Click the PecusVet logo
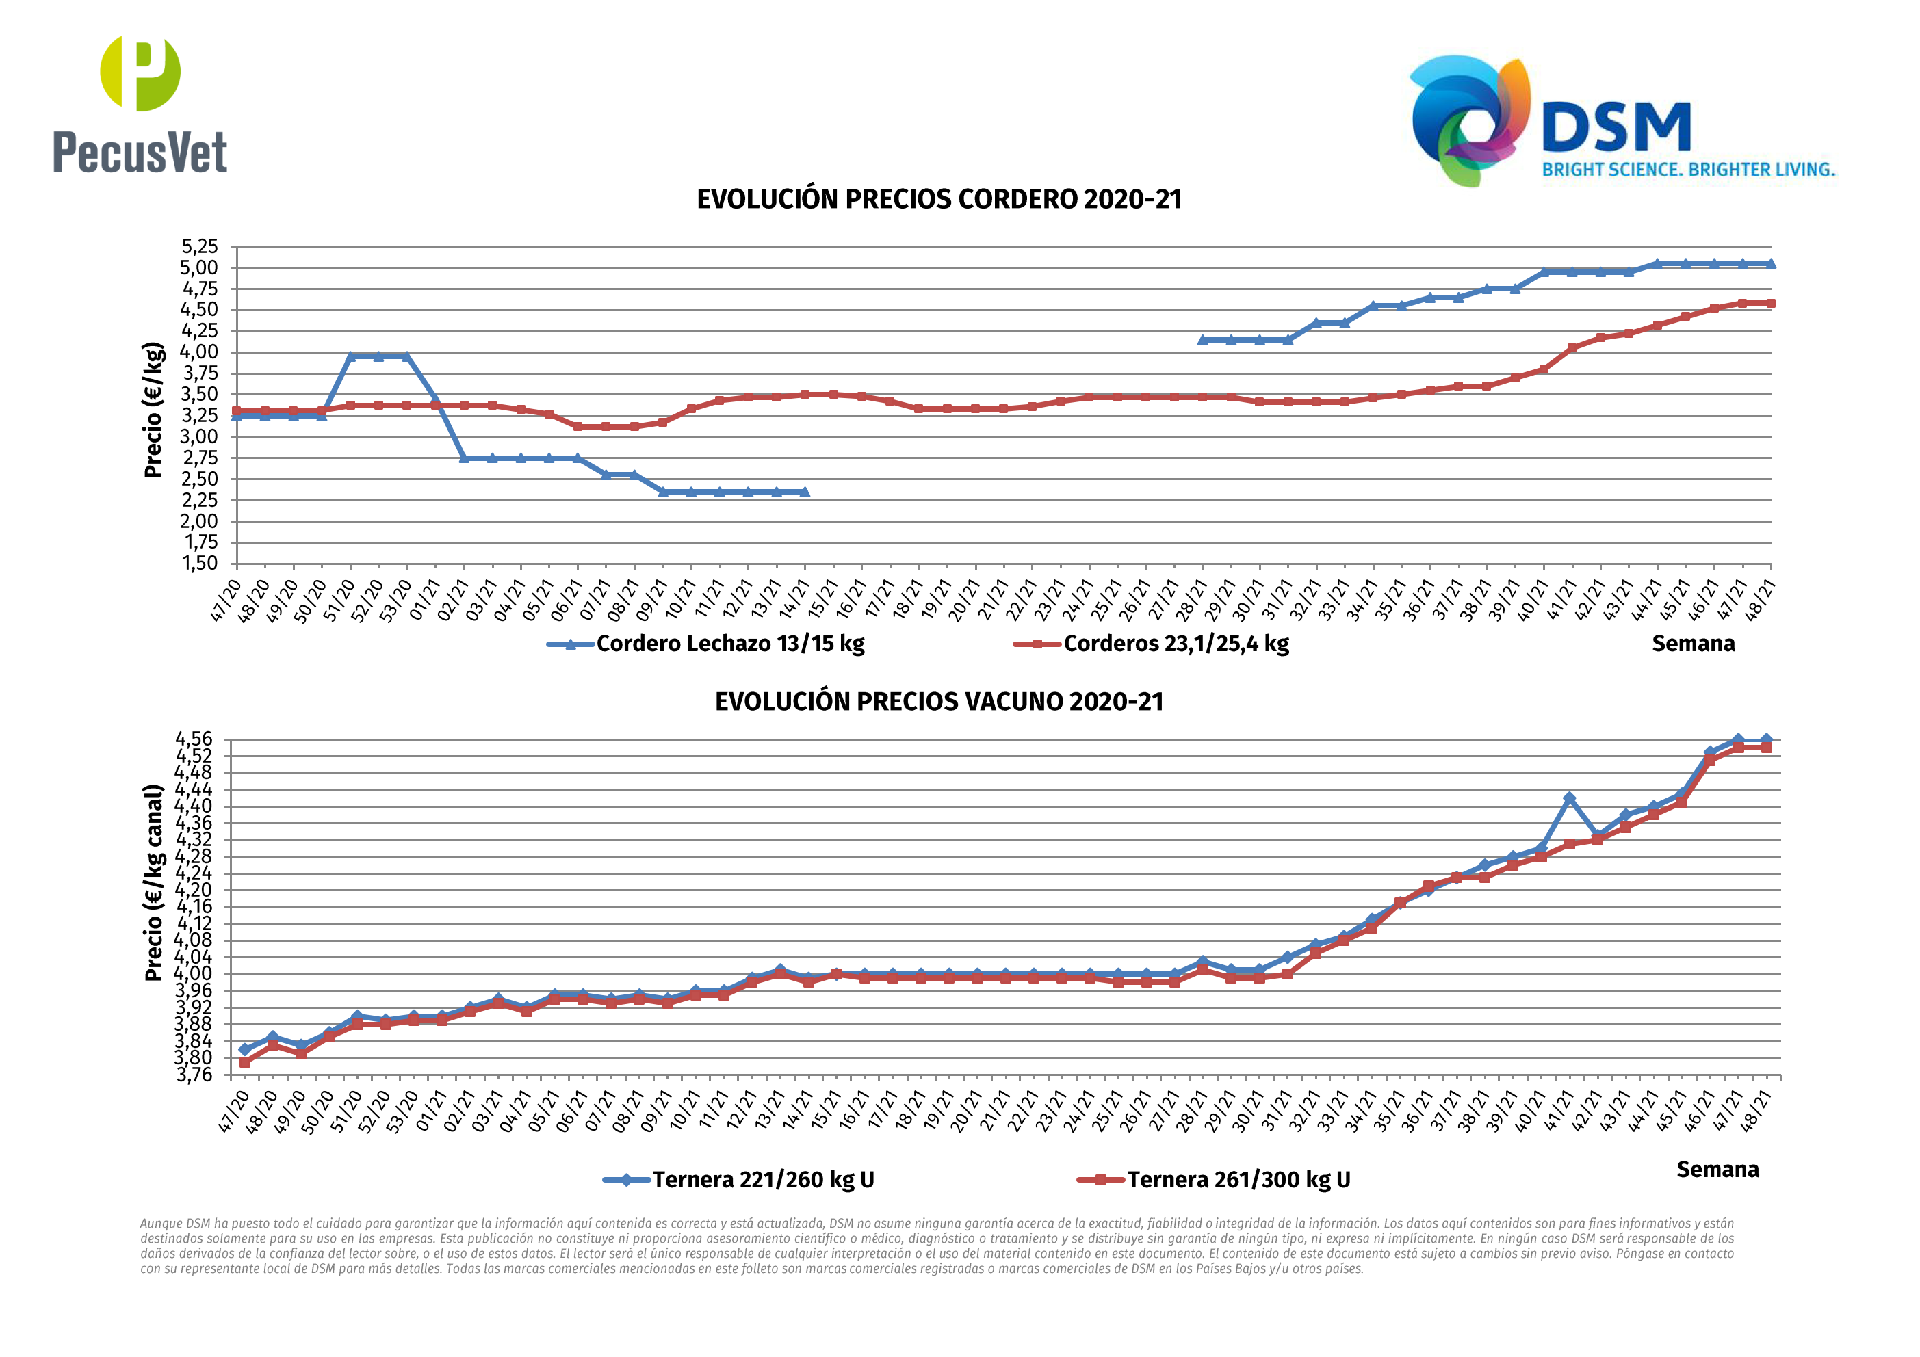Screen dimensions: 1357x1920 [x=140, y=105]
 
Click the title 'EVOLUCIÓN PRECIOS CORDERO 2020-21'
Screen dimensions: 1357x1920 [x=939, y=200]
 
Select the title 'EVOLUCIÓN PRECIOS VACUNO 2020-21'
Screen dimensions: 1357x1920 [x=939, y=702]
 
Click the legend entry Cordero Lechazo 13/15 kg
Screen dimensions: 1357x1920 [x=729, y=644]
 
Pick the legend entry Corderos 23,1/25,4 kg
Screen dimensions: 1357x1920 [x=1176, y=644]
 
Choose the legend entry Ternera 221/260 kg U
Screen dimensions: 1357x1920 [x=763, y=1180]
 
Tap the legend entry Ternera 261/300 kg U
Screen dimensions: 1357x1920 [x=1238, y=1180]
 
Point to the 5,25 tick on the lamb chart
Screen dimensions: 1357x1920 [x=200, y=247]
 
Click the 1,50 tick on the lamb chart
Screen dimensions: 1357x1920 [x=200, y=564]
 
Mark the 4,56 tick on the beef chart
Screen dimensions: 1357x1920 [x=194, y=739]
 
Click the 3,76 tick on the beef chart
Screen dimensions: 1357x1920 [x=194, y=1075]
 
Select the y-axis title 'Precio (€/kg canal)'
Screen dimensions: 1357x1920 [x=153, y=882]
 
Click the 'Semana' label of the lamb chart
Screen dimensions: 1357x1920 [x=1693, y=644]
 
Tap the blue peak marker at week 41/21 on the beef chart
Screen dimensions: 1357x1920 [x=1570, y=798]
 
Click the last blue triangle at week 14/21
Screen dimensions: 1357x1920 [x=805, y=492]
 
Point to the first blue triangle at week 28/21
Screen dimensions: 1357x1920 [x=1202, y=341]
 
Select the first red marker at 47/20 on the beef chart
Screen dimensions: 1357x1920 [x=245, y=1062]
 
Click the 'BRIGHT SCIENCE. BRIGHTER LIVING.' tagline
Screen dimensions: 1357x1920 [x=1688, y=170]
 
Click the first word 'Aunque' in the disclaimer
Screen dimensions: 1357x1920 [x=161, y=1223]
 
